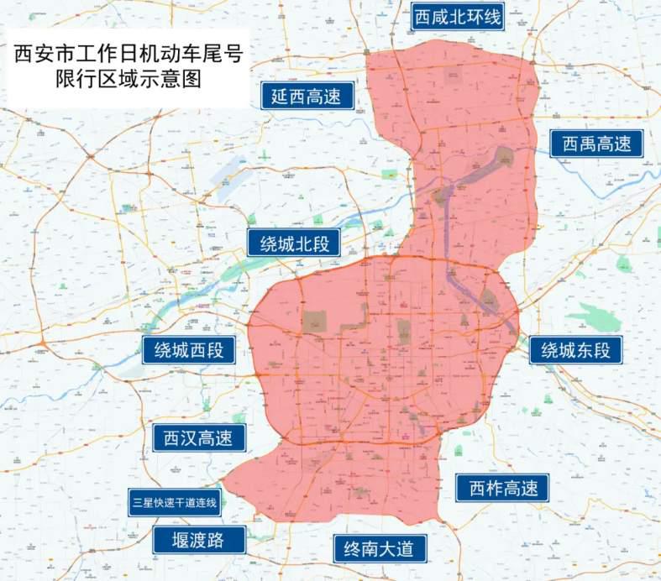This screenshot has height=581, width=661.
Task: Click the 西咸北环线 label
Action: (x=458, y=16)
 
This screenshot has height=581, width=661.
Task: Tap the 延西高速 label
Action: (x=306, y=97)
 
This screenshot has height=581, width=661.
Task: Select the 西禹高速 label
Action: (x=596, y=144)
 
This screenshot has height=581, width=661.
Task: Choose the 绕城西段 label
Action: (x=189, y=350)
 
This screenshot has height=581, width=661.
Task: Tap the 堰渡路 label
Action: (x=198, y=540)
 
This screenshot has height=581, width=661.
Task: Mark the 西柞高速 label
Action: (x=502, y=488)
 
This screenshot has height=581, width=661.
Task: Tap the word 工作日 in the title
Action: (x=102, y=56)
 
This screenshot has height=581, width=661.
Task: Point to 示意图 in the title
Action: (x=170, y=82)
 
